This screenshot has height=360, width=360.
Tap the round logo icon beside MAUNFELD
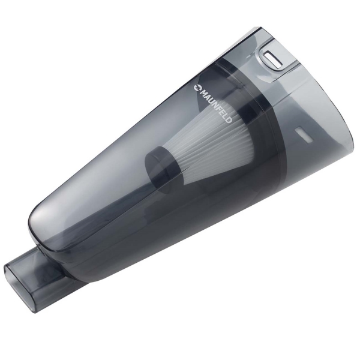point(197,88)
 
